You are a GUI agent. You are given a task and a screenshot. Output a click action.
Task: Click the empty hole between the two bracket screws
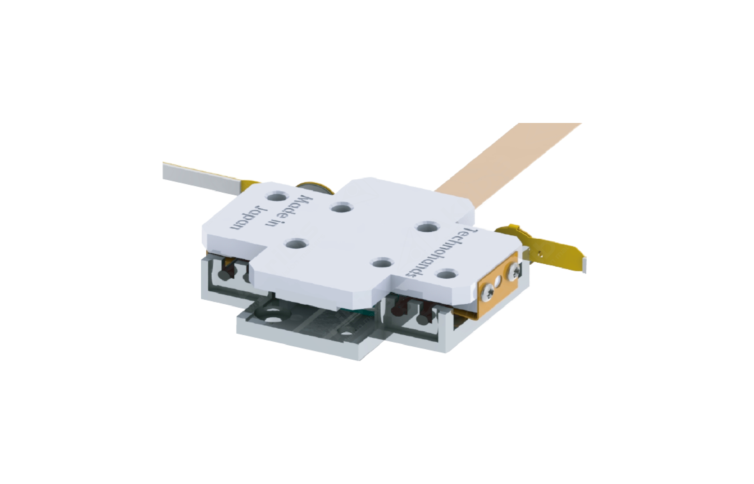coord(500,282)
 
